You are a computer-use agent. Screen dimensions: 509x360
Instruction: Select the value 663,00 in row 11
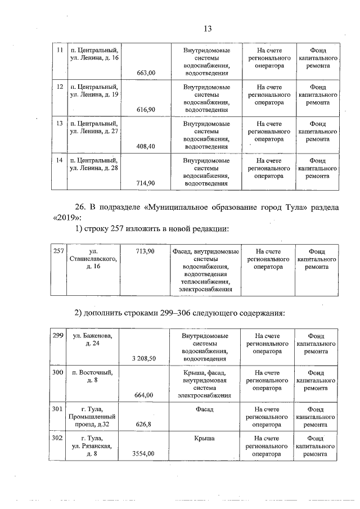146,73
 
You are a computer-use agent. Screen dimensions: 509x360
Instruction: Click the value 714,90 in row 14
146,183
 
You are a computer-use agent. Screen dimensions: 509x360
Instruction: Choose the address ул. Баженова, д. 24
93,340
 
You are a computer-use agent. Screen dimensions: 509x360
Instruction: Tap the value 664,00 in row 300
144,395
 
